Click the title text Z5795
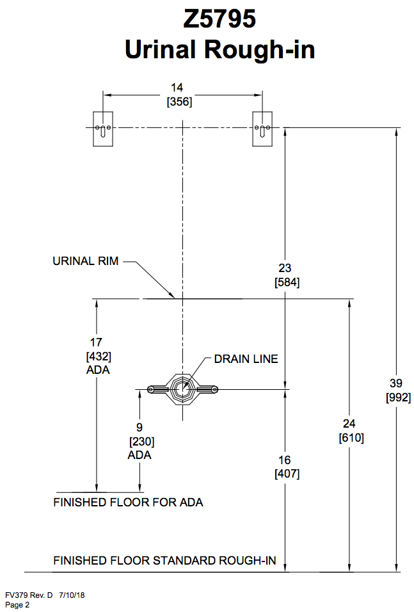[x=220, y=19]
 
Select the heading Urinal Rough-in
[x=220, y=49]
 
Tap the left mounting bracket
[x=102, y=129]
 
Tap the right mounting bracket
[x=262, y=129]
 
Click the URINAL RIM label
[x=85, y=261]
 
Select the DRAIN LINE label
[x=246, y=359]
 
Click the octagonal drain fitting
[x=183, y=389]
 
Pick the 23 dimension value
[x=285, y=268]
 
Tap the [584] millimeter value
[x=286, y=282]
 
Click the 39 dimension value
[x=397, y=383]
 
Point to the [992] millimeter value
[x=397, y=397]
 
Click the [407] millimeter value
[x=286, y=474]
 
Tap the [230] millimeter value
[x=141, y=441]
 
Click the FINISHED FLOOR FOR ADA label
[x=128, y=503]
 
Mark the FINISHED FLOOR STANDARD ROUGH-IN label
[x=164, y=561]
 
